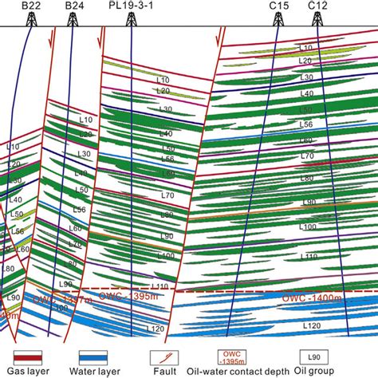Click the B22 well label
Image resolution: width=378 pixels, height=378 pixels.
[32, 6]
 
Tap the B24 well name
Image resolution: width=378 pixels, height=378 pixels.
[75, 6]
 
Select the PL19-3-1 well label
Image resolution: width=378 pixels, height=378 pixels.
[130, 6]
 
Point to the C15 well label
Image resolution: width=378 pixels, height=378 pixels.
[278, 6]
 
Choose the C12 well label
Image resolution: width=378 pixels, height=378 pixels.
[317, 6]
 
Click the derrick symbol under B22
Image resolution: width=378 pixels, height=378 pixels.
[32, 20]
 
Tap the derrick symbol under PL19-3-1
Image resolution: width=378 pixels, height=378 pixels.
[130, 20]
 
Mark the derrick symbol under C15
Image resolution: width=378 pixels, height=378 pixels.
[278, 20]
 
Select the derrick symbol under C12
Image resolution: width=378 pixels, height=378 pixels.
[318, 20]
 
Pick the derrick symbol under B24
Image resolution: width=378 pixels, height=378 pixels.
[75, 20]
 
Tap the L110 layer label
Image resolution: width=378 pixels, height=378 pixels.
[160, 285]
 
